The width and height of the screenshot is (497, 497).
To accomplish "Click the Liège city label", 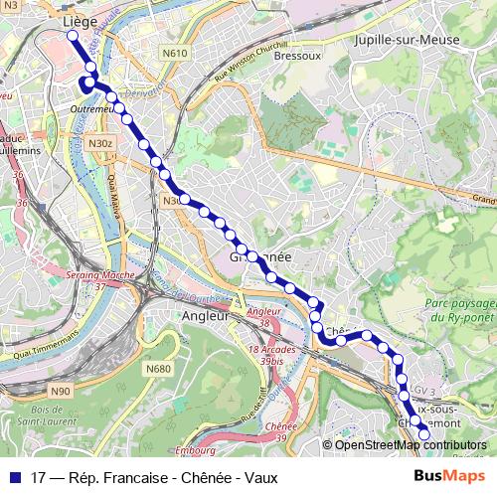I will pos(80,20).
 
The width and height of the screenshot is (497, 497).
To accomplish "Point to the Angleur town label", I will pos(206,315).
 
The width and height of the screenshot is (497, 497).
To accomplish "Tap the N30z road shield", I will pos(101,144).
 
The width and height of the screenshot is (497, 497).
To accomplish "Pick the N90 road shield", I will pos(61,391).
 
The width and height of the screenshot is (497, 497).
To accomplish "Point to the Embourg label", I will pos(196,451).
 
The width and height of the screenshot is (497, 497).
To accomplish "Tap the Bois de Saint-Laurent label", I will pos(54,415).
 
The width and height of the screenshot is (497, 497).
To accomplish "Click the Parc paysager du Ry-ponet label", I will pos(458,309).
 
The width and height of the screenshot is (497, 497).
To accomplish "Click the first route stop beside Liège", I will pos(73,36).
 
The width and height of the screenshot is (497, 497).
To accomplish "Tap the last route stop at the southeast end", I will pos(424,434).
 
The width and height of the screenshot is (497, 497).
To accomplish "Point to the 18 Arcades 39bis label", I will pos(266,355).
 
